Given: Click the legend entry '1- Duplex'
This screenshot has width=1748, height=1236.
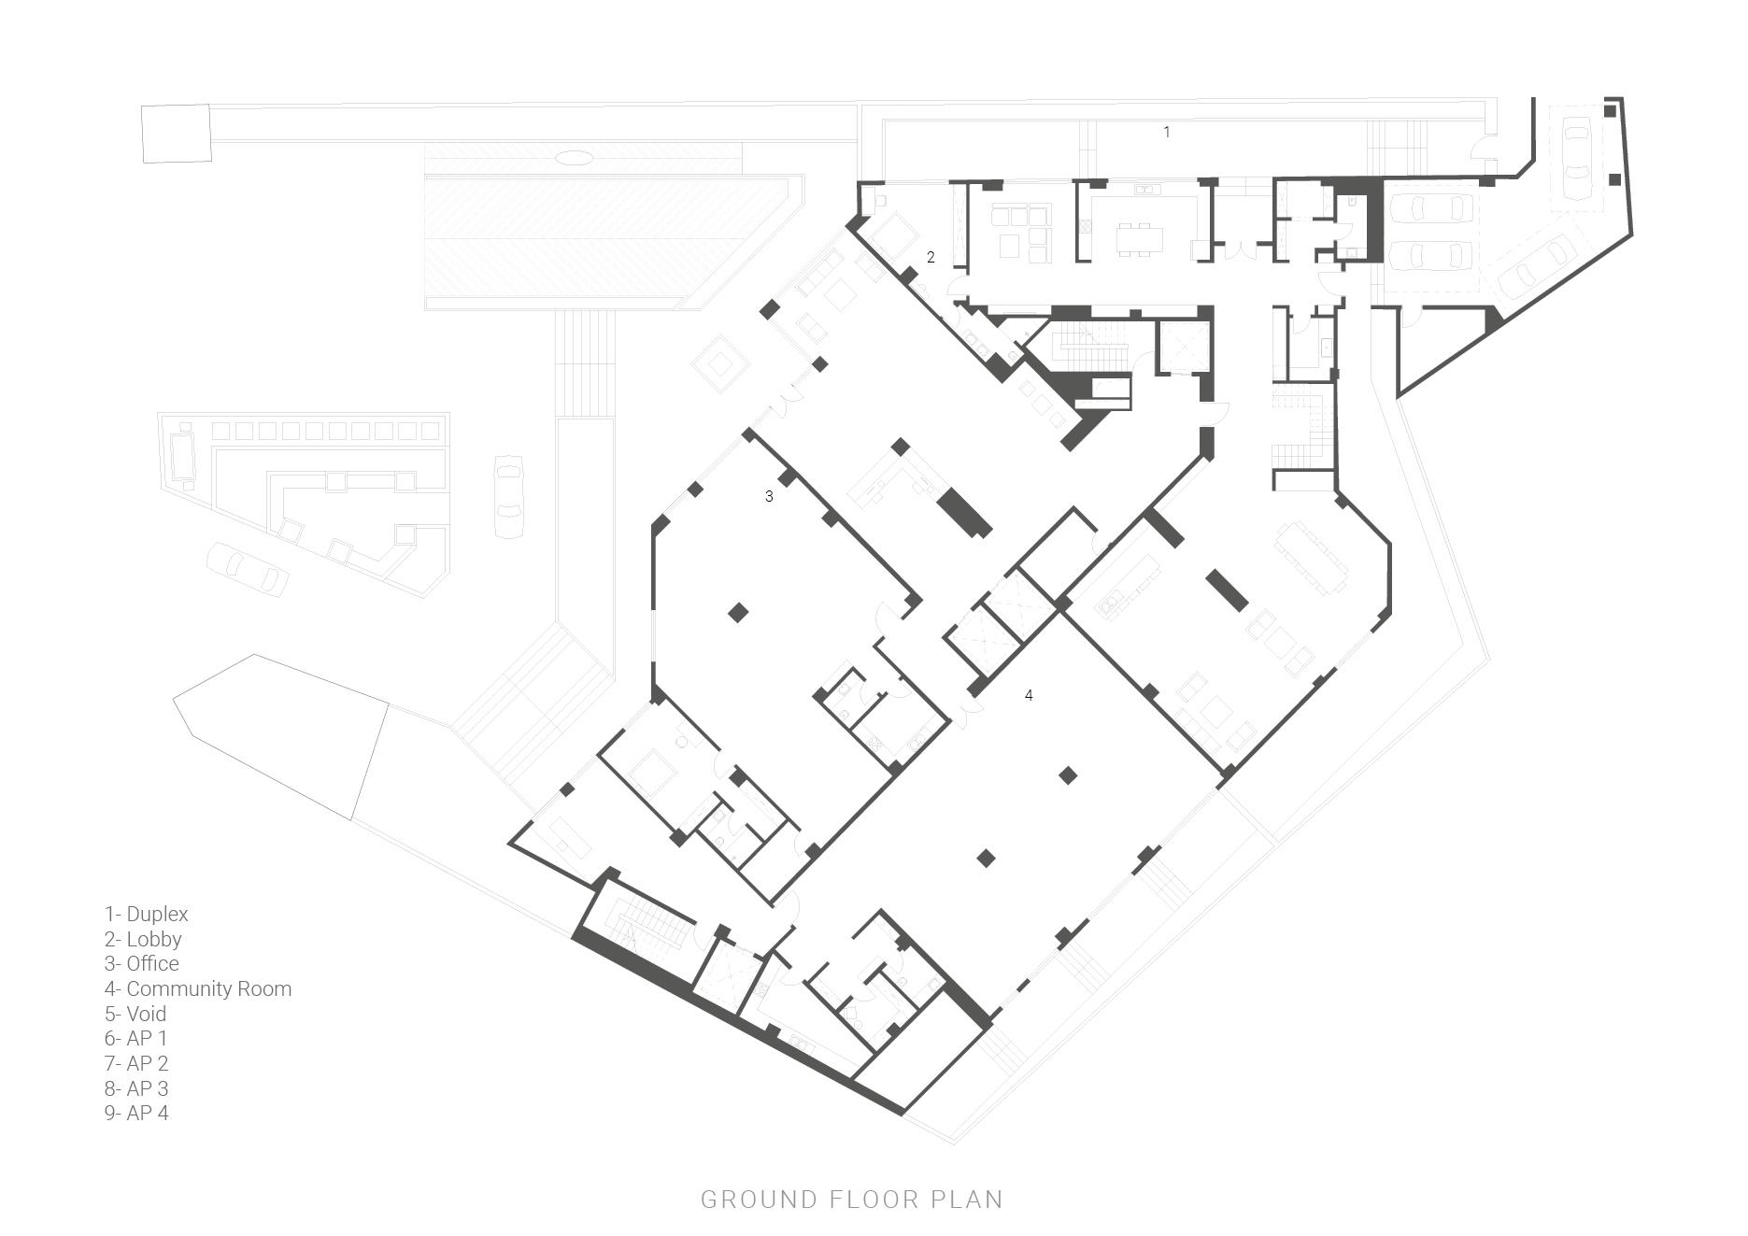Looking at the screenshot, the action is (146, 915).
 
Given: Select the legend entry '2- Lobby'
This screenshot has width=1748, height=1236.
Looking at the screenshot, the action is (143, 940).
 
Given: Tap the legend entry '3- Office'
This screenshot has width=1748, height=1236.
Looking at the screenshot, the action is (141, 964).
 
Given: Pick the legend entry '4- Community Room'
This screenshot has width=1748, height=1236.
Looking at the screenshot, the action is (198, 989).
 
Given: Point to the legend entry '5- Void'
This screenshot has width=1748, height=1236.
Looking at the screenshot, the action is (135, 1015).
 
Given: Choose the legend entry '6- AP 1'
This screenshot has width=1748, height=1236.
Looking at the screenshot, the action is (135, 1039).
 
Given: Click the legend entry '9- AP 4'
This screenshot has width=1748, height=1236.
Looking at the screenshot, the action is (136, 1114).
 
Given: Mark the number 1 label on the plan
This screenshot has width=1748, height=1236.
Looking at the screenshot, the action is (1166, 133).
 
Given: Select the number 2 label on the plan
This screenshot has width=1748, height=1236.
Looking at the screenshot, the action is (931, 257).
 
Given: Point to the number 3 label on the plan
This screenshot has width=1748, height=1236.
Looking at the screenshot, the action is (769, 497).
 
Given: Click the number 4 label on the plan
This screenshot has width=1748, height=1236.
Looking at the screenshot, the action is (1029, 695).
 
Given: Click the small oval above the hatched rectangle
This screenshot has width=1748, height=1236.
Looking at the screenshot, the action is (574, 158).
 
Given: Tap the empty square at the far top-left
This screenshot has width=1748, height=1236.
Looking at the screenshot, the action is (177, 134).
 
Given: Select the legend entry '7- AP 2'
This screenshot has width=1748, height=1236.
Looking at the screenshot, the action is (136, 1064).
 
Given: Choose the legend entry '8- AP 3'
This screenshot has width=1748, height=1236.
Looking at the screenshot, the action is (136, 1089).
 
